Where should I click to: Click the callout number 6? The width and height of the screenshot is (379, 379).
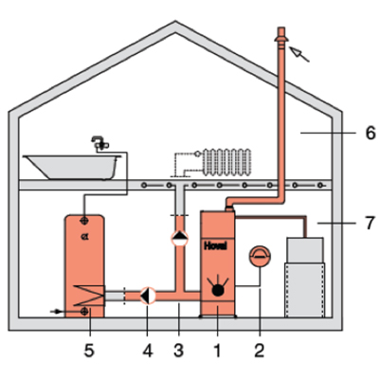[x=370, y=133]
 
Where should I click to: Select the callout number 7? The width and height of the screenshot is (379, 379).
[x=370, y=223]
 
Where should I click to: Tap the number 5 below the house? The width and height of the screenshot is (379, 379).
[x=89, y=351]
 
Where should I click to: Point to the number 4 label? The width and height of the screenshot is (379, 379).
[x=148, y=351]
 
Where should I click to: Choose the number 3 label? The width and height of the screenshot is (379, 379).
[x=179, y=351]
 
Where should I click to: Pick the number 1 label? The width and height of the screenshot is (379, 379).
[x=217, y=351]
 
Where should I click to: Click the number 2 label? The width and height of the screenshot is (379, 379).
[x=260, y=351]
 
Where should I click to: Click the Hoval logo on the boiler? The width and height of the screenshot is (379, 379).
[x=215, y=245]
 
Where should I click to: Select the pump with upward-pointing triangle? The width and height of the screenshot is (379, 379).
[x=179, y=239]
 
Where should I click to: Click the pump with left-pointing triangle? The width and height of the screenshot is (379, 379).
[x=148, y=296]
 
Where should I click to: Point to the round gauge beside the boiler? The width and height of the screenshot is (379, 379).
[x=260, y=257]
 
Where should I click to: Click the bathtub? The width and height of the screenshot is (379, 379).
[x=72, y=167]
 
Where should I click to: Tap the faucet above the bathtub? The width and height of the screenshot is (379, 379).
[x=99, y=143]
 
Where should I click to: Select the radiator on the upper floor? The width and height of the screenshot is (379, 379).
[x=226, y=162]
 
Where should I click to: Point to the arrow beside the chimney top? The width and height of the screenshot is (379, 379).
[x=299, y=54]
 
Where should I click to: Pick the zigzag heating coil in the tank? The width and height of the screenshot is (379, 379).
[x=89, y=296]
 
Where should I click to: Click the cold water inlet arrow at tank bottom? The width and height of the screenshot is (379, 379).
[x=56, y=312]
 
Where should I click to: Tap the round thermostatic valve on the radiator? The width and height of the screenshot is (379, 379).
[x=197, y=153]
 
